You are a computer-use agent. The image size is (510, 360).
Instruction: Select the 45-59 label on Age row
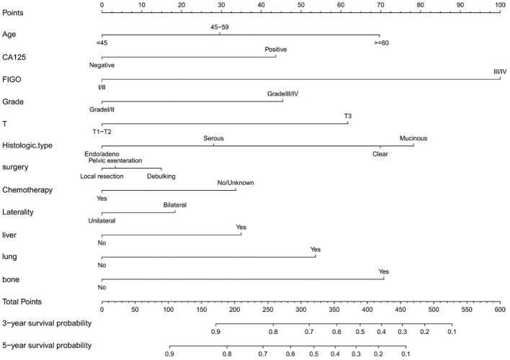(220, 27)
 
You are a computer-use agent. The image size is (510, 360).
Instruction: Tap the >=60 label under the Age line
(379, 42)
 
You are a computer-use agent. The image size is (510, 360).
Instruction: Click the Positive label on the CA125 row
(276, 49)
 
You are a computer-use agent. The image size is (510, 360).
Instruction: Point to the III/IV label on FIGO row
(500, 71)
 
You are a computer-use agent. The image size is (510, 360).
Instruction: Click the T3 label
(348, 116)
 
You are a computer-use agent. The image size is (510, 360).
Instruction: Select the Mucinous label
(413, 138)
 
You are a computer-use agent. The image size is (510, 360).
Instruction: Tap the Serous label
(214, 138)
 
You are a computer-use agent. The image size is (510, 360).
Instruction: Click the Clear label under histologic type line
(380, 153)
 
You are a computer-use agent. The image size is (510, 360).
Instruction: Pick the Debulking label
(161, 176)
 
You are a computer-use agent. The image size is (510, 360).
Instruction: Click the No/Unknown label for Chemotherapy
(236, 183)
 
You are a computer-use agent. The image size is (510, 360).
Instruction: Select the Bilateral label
(174, 205)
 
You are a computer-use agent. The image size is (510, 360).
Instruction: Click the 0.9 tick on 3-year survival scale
(216, 332)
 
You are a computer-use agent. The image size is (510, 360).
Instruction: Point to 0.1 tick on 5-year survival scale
(406, 354)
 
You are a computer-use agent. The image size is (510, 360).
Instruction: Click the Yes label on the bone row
(384, 271)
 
